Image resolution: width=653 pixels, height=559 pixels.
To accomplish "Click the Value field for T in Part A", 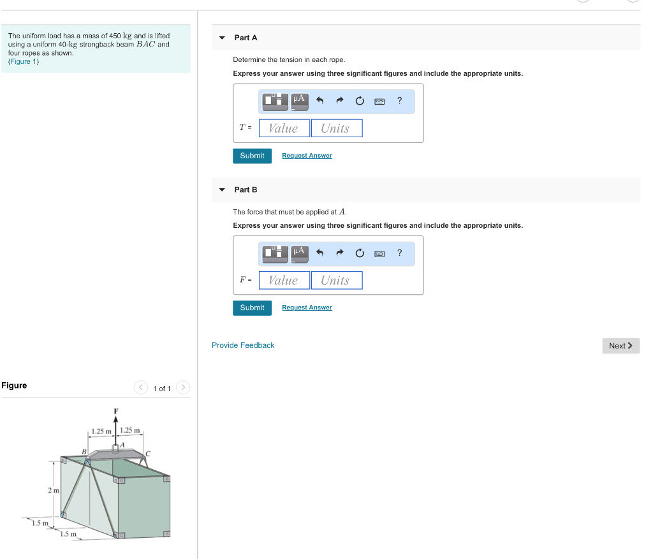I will [284, 128].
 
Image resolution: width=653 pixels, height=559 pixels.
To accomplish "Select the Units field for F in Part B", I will [336, 280].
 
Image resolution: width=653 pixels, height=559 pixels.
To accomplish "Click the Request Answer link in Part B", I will [307, 308].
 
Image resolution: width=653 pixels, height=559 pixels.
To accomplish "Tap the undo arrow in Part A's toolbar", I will [320, 101].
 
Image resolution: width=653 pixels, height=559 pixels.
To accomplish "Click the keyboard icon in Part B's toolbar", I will [379, 253].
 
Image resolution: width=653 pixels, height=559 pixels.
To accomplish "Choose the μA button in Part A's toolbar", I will [300, 100].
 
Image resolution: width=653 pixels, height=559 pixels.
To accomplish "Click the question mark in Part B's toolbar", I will [399, 253].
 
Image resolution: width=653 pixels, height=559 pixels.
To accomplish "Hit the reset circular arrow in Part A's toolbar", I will [360, 101].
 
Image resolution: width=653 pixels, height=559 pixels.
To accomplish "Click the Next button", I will [620, 346].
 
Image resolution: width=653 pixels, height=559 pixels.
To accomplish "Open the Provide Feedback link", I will [243, 345].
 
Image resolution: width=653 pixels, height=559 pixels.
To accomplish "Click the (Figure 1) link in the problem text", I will [24, 62].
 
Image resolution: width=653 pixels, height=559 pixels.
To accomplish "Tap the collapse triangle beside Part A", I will [222, 38].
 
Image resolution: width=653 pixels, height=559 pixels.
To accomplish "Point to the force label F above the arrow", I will [115, 410].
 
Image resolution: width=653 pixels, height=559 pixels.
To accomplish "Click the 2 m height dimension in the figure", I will [53, 490].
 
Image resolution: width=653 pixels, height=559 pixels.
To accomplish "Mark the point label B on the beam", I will [84, 452].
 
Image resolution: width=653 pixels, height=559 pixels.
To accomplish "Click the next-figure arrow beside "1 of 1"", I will [183, 388].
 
